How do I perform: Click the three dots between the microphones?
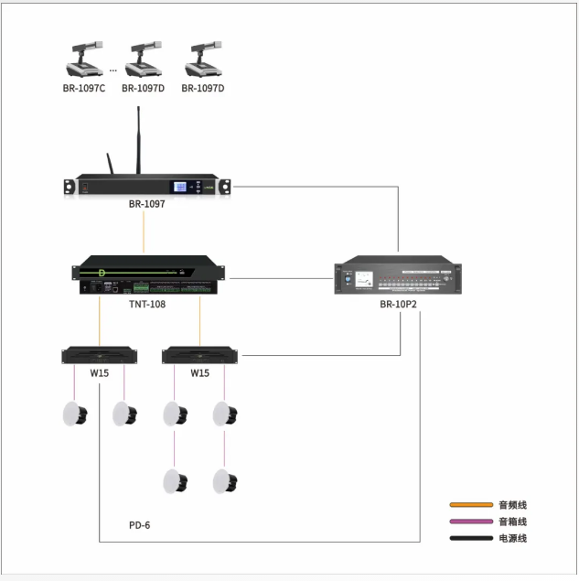click(113, 70)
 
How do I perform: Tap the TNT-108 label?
click(146, 303)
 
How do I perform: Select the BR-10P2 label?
click(399, 303)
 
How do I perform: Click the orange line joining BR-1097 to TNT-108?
click(145, 229)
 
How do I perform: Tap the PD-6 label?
click(139, 525)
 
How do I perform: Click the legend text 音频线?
click(512, 505)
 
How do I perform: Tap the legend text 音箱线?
click(512, 522)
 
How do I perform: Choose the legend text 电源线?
click(512, 538)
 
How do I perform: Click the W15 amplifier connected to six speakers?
click(199, 355)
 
